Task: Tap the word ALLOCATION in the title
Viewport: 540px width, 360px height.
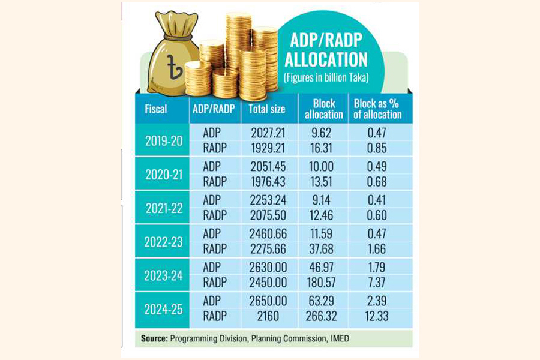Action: [x=326, y=60]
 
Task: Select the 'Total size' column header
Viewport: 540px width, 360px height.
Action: [x=267, y=109]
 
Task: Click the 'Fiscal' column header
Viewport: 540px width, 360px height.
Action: [x=156, y=109]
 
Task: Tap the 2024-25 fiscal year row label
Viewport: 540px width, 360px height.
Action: [x=161, y=310]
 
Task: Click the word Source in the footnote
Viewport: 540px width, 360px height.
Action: [x=154, y=339]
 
